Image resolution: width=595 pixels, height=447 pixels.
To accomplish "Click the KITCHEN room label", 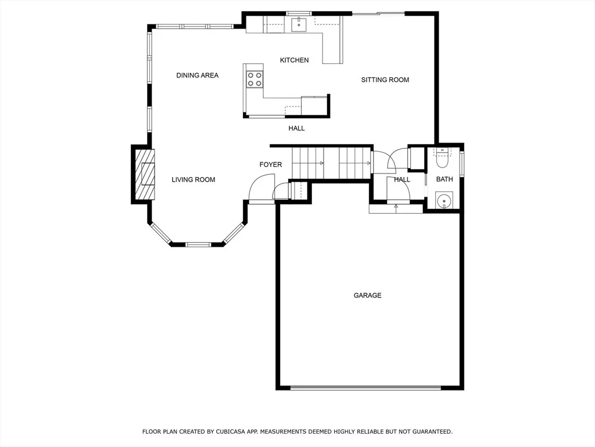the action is point(294,60).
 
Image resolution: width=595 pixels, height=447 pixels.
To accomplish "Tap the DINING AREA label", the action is point(198,75).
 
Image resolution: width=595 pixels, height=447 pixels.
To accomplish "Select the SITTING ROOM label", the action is point(385,80).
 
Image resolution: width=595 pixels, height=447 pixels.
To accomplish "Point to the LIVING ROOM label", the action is point(193,179).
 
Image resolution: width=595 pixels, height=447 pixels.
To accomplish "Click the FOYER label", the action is point(271,165).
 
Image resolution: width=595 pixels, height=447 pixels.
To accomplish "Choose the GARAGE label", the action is point(367,295).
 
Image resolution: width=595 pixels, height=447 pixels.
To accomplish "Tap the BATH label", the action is point(445,179).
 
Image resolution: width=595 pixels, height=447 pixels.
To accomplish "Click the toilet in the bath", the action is point(442,159).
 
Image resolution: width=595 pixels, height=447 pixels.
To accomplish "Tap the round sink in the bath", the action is point(444,200).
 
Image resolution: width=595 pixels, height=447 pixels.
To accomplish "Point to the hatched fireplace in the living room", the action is point(145,175).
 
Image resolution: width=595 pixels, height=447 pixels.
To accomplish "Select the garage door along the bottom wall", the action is point(366,388).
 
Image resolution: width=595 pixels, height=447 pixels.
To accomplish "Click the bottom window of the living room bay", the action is point(198,244).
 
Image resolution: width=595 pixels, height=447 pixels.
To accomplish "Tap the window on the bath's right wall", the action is point(462,164).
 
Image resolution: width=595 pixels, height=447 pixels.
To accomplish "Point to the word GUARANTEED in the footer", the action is point(432,432).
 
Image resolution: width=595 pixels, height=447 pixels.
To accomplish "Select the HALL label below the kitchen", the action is point(296,129).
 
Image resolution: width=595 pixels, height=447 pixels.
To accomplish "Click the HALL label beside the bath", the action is point(402,179).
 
